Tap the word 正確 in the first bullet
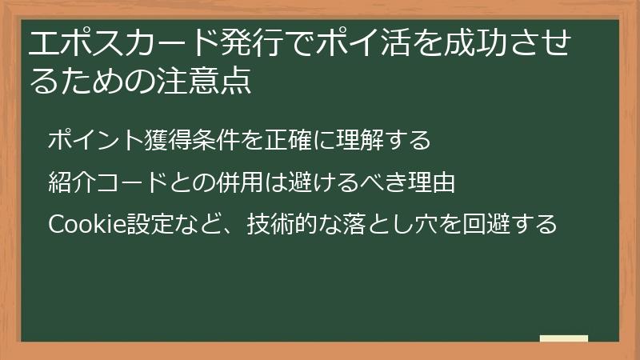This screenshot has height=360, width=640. point(289,140)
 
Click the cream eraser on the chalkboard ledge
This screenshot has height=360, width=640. point(563,339)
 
